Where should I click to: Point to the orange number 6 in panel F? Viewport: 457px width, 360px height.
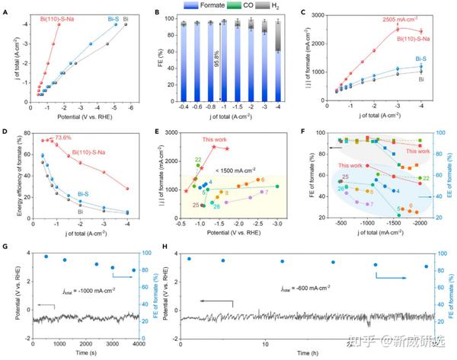(410, 205)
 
